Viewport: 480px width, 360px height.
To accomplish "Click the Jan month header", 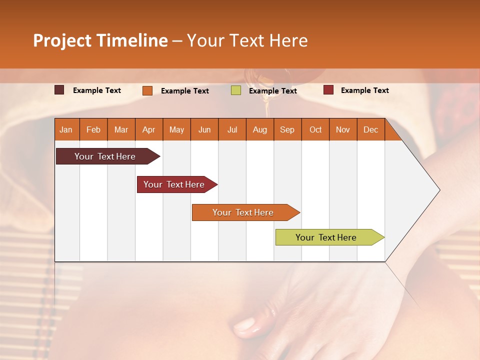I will point(66,129).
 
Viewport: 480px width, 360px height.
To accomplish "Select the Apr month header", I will point(148,129).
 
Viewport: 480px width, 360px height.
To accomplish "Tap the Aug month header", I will point(259,129).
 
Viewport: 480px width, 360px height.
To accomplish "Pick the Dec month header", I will point(370,129).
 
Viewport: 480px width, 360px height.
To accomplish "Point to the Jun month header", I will point(204,129).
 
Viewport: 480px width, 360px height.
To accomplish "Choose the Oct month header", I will point(315,129).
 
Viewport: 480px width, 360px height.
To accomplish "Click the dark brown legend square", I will point(59,90).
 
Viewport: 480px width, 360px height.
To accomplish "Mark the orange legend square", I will point(147,90).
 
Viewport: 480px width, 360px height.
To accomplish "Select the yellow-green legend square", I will point(236,90).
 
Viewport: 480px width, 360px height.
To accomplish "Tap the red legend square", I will point(328,90).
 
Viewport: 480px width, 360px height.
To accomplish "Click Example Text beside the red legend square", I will point(364,90).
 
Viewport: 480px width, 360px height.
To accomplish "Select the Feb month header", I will point(93,129).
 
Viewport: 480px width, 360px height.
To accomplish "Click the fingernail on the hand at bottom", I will point(245,326).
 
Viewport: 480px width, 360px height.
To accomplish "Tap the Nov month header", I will point(342,129).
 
